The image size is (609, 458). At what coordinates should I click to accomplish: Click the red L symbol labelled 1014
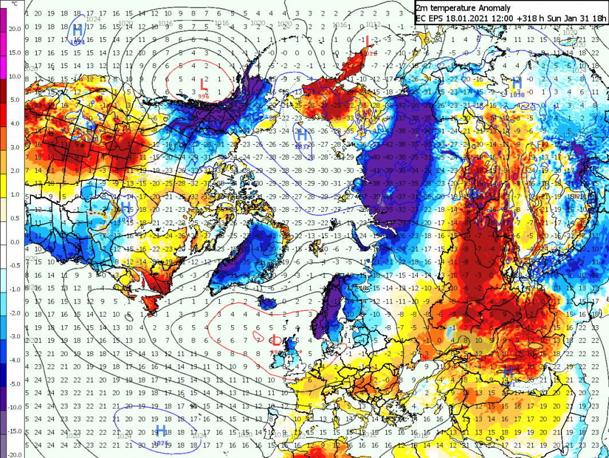[367, 41]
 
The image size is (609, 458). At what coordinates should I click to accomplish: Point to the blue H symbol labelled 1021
[507, 373]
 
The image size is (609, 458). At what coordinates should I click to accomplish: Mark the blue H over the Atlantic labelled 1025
[161, 431]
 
